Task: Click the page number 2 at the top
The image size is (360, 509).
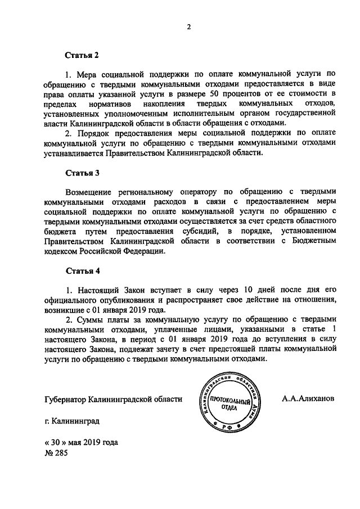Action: coord(189,28)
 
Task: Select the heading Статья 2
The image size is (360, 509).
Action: coord(82,56)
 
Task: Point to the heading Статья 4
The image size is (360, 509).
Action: coord(82,271)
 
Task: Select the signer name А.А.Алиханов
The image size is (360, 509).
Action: coord(308,398)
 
